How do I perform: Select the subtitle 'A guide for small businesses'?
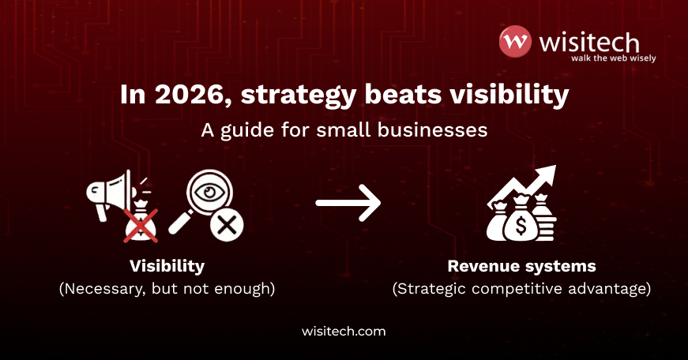pyautogui.click(x=344, y=130)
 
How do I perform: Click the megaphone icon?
pyautogui.click(x=111, y=193)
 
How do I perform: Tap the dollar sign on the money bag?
pyautogui.click(x=520, y=224)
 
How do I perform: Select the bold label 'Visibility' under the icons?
pyautogui.click(x=167, y=266)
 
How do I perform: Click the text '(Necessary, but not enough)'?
pyautogui.click(x=167, y=289)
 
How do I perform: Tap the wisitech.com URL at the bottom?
pyautogui.click(x=344, y=332)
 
